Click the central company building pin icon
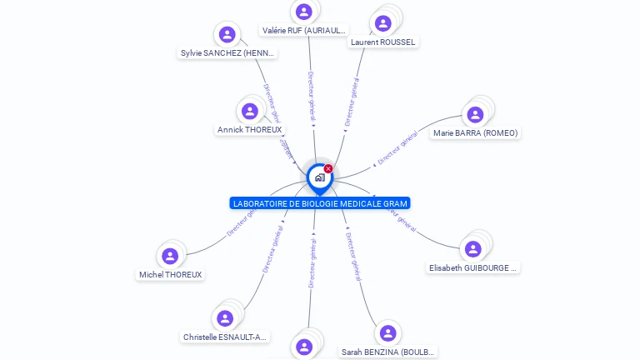319,177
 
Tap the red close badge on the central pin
328,169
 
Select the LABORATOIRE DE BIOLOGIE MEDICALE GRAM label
320,203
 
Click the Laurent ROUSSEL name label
383,42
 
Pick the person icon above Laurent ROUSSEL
383,22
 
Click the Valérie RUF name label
304,31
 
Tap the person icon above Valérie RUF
304,12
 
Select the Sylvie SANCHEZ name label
227,53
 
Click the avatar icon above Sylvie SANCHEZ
227,34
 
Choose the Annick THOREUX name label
250,130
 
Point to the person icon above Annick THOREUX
250,111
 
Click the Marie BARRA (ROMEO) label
476,133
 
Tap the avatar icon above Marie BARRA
476,114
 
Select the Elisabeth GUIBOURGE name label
473,268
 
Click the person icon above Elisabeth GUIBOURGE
473,248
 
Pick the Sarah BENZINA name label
388,352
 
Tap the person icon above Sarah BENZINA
387,333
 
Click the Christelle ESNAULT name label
225,337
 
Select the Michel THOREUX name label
171,275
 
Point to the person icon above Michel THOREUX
171,256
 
